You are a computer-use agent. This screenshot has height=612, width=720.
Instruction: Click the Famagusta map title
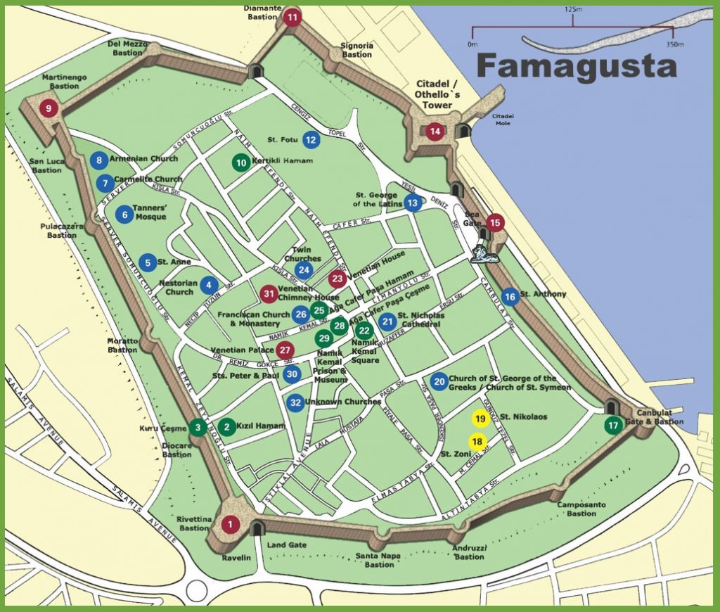coord(577,66)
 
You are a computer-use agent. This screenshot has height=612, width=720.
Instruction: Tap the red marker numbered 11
coord(292,17)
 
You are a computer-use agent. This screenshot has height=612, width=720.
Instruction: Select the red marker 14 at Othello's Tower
coord(435,131)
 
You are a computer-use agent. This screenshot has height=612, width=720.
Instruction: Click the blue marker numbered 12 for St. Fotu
coord(311,140)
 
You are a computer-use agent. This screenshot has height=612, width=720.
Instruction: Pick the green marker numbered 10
coord(241,162)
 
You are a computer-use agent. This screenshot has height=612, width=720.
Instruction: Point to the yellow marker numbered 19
coord(480,419)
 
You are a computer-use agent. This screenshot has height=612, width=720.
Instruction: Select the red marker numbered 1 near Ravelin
coord(231,524)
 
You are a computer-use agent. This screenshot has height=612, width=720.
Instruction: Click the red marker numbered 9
coord(48,108)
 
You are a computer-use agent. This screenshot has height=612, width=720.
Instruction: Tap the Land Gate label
coord(287,545)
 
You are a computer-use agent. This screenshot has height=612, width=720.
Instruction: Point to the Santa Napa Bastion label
coord(379,559)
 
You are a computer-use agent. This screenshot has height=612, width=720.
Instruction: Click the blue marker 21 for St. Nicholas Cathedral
coord(387,322)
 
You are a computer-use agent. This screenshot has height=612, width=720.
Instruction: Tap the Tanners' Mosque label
coord(150,212)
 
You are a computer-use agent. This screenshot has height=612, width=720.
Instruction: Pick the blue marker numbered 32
coord(296,403)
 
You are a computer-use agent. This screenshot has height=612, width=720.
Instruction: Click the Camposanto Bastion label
coord(581,509)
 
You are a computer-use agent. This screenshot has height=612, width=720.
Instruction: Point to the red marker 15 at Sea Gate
coord(496,223)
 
